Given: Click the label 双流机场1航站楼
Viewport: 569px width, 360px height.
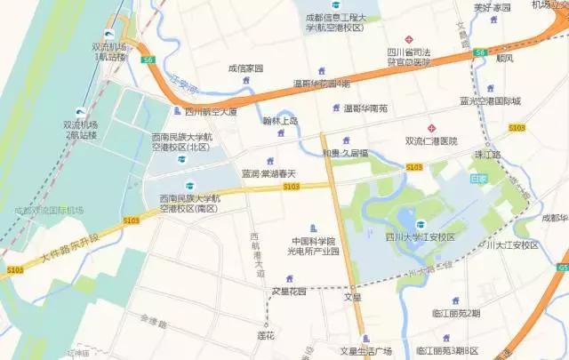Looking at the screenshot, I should tap(110, 52).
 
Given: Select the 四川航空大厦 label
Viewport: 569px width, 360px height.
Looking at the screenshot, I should tap(211, 112).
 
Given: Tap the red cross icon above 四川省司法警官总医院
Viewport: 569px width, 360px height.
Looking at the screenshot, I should tap(408, 39).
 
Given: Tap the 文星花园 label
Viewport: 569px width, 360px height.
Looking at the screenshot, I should tap(288, 291).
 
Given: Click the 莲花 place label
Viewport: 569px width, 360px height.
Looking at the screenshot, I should tap(265, 336).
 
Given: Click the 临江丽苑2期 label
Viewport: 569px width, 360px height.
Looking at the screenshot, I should tap(455, 313).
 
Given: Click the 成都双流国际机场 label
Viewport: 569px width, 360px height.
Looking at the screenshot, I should tap(48, 210).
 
